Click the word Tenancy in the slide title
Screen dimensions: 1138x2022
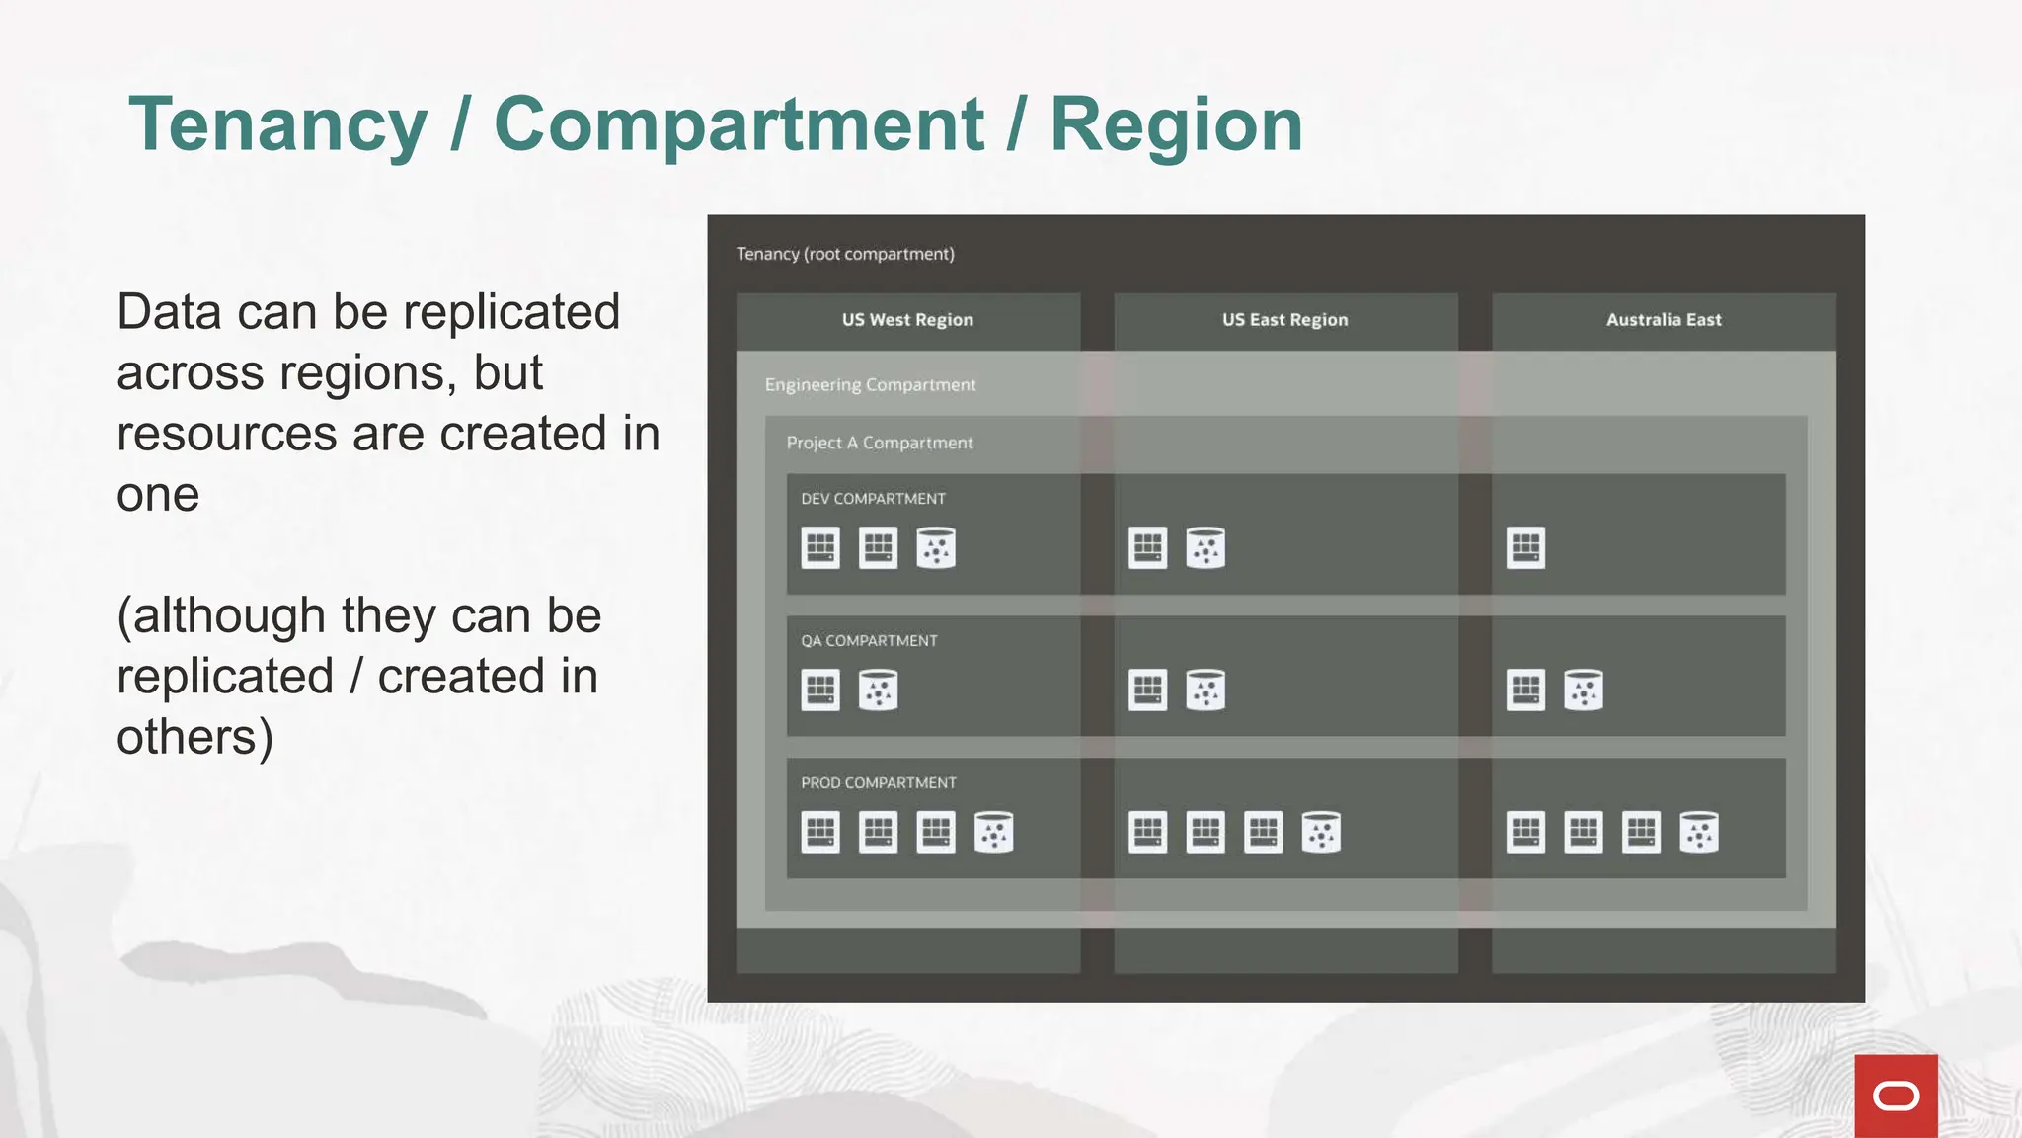pos(277,125)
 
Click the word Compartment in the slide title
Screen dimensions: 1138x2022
pos(739,125)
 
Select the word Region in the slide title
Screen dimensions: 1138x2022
pos(1176,125)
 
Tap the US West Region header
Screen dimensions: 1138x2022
pos(907,320)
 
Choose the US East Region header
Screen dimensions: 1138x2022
pos(1284,320)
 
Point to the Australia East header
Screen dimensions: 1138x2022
pos(1664,320)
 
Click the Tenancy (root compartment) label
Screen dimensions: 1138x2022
pos(845,254)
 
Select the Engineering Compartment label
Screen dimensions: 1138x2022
pos(870,385)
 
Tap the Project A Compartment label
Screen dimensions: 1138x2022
pos(880,443)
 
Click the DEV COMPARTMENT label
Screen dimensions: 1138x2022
pos(873,499)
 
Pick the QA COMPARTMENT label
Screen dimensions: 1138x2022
pos(869,641)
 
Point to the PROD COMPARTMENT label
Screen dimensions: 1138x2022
pos(878,783)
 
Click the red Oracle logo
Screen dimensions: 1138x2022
pos(1896,1096)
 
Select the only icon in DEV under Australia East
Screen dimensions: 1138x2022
pos(1525,548)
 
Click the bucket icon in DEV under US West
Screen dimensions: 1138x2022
pos(936,548)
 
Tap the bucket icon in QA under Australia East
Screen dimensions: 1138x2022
pos(1584,691)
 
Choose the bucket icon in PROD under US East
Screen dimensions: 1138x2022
pos(1321,833)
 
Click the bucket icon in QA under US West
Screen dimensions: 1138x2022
pos(879,691)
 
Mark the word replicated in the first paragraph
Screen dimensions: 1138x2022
pos(511,313)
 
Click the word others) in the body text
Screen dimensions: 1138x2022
pos(194,738)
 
